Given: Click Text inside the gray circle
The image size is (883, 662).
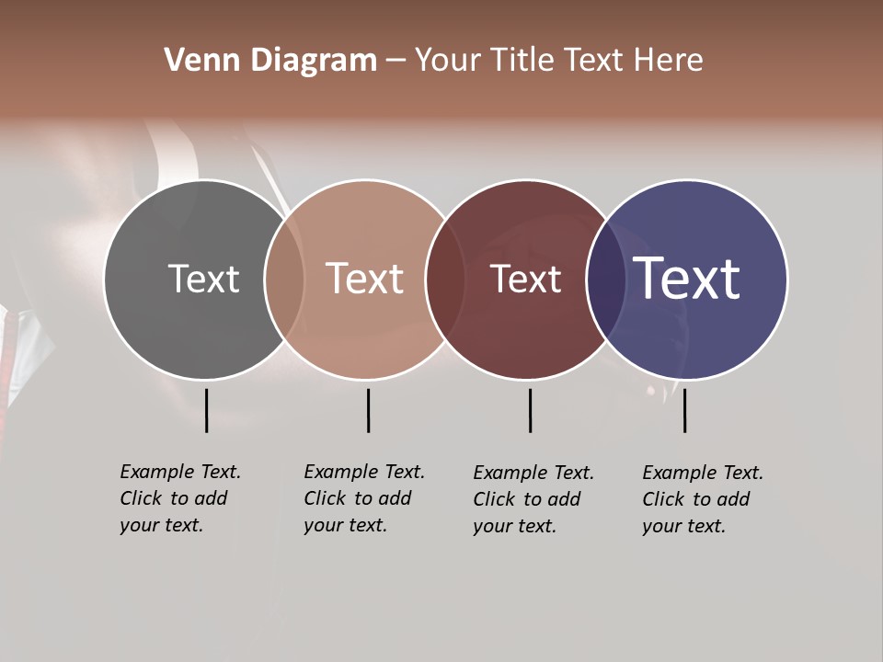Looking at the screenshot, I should click(203, 279).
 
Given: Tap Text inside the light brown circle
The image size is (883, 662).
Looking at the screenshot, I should click(365, 279).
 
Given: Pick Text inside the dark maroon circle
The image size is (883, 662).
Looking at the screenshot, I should click(525, 279).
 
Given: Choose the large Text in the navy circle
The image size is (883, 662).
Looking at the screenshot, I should click(687, 279).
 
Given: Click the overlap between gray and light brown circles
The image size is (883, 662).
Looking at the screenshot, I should click(284, 279).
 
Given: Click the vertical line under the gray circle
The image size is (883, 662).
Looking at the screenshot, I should click(206, 410).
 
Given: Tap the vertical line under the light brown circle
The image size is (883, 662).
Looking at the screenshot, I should click(368, 410).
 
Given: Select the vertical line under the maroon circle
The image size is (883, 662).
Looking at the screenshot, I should click(530, 410).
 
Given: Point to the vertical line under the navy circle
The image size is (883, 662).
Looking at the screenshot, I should click(684, 410).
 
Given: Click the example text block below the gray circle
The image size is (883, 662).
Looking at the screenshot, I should click(179, 498).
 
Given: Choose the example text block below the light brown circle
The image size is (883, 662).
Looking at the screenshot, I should click(363, 498).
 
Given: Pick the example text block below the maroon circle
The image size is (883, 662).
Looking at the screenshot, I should click(533, 499).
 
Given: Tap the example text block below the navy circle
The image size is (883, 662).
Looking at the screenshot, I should click(702, 499).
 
